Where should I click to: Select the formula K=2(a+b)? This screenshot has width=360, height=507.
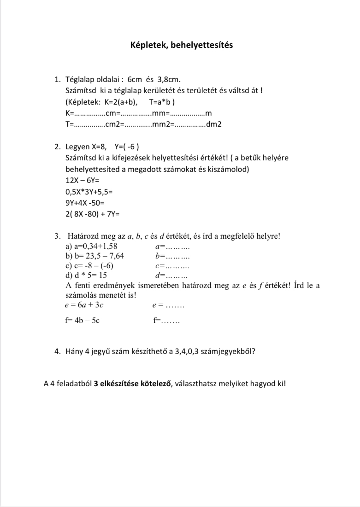point(118,102)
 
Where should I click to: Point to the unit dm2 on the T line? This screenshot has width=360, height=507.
point(214,124)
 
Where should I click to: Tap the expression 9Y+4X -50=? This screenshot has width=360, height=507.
point(85,203)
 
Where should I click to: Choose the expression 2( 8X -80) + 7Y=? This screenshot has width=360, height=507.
point(93,214)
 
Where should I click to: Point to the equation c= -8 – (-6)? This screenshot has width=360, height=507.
point(90,265)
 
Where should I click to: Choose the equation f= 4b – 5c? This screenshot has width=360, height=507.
point(83,321)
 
